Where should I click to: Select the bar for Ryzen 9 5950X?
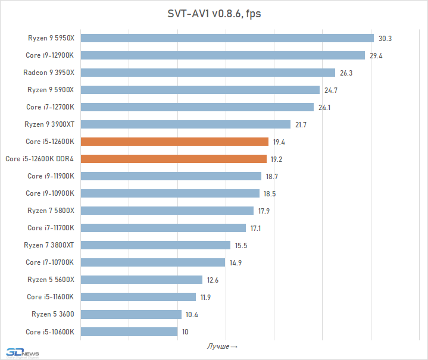227,38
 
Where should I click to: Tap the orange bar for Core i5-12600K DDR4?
173,159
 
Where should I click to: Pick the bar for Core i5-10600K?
129,331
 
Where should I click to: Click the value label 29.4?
377,55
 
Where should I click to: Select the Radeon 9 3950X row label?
49,73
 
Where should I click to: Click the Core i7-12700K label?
50,107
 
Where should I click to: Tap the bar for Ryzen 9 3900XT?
185,124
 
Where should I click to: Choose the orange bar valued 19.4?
174,142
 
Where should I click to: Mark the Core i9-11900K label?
51,176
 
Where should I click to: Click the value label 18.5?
271,193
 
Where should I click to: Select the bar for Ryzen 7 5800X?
167,211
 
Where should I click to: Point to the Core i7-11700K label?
51,228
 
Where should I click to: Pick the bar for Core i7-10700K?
152,262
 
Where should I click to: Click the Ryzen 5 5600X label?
51,280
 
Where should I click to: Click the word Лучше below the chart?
218,346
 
